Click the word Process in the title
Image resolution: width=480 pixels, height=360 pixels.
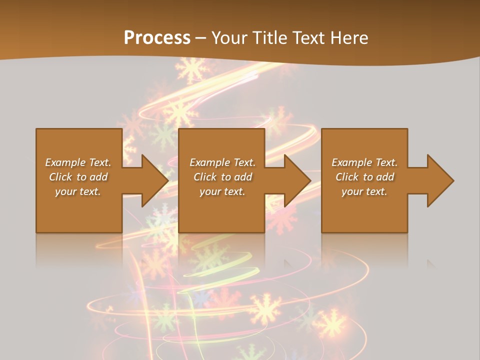pos(157,37)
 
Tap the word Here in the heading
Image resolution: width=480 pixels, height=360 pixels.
pos(348,37)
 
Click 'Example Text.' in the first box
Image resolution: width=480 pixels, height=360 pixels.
pos(78,162)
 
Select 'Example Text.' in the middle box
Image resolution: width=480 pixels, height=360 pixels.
pos(222,162)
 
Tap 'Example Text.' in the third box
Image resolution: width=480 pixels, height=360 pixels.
pos(364,162)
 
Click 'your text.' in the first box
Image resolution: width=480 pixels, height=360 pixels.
pos(78,191)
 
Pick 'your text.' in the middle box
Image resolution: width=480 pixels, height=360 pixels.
pos(222,191)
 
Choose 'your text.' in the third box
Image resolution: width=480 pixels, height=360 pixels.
pos(364,191)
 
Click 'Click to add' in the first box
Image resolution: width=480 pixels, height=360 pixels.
pos(78,177)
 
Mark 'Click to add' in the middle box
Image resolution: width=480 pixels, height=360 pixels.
pos(222,177)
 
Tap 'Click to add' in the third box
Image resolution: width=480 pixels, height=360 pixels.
pos(364,177)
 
